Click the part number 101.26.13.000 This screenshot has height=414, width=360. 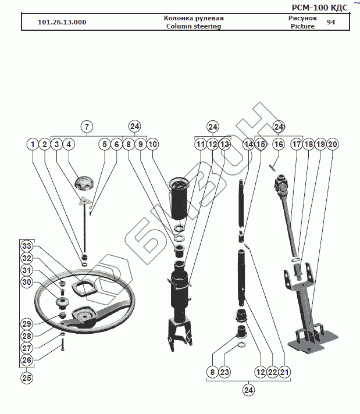[62, 22]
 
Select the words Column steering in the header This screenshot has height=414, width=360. [194, 26]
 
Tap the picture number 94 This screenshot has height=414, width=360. [331, 22]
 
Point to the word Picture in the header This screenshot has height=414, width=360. [302, 26]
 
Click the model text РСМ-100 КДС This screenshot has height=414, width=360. [319, 7]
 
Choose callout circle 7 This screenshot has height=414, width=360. [86, 126]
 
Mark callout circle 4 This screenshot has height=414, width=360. [69, 144]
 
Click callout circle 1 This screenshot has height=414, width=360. [33, 144]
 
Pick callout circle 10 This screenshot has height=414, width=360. [152, 144]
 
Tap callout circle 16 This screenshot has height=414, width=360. [279, 144]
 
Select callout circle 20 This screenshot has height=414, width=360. [332, 144]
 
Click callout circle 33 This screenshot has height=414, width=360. [27, 246]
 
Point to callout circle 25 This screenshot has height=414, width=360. [27, 377]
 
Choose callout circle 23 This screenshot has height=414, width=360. [225, 372]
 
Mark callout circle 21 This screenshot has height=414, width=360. [284, 372]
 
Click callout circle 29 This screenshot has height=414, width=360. [27, 323]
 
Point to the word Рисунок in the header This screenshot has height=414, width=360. [302, 18]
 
